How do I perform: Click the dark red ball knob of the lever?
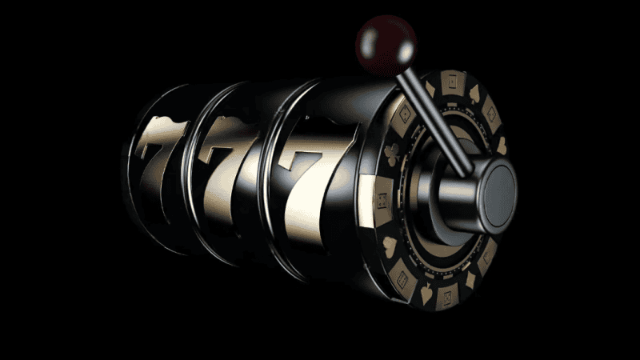[x=386, y=45]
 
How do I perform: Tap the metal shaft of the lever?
[x=434, y=122]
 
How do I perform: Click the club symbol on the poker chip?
[x=392, y=154]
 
